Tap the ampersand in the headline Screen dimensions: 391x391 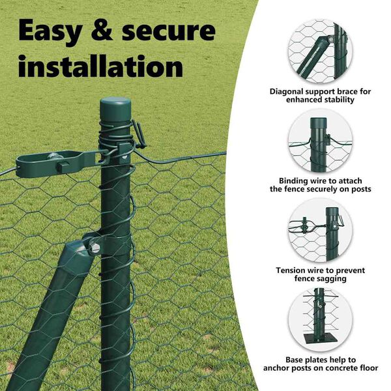102,30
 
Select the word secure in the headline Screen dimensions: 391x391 169,31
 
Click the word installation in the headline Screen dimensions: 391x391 101,66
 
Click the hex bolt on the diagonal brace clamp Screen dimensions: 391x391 95,248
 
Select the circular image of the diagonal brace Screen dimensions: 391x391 320,51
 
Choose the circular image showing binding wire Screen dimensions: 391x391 320,141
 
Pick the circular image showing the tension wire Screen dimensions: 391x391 320,230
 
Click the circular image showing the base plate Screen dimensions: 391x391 320,320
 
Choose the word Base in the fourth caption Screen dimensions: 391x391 295,360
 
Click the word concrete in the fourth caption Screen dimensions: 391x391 342,368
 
